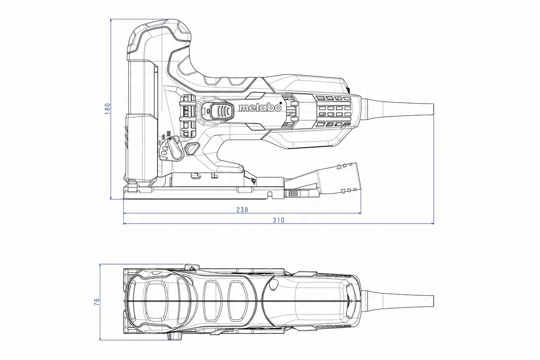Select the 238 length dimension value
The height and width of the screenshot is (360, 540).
click(x=242, y=210)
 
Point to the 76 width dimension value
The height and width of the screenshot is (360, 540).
click(x=96, y=301)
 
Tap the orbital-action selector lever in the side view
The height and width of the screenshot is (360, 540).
click(x=171, y=148)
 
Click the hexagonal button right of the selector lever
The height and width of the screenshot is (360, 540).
click(x=192, y=149)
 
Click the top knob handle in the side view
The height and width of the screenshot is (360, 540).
click(x=157, y=34)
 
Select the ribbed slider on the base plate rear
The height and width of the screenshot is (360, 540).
click(x=293, y=194)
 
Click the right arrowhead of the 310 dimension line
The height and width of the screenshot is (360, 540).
click(x=432, y=223)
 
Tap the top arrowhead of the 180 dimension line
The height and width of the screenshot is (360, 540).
click(x=111, y=20)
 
